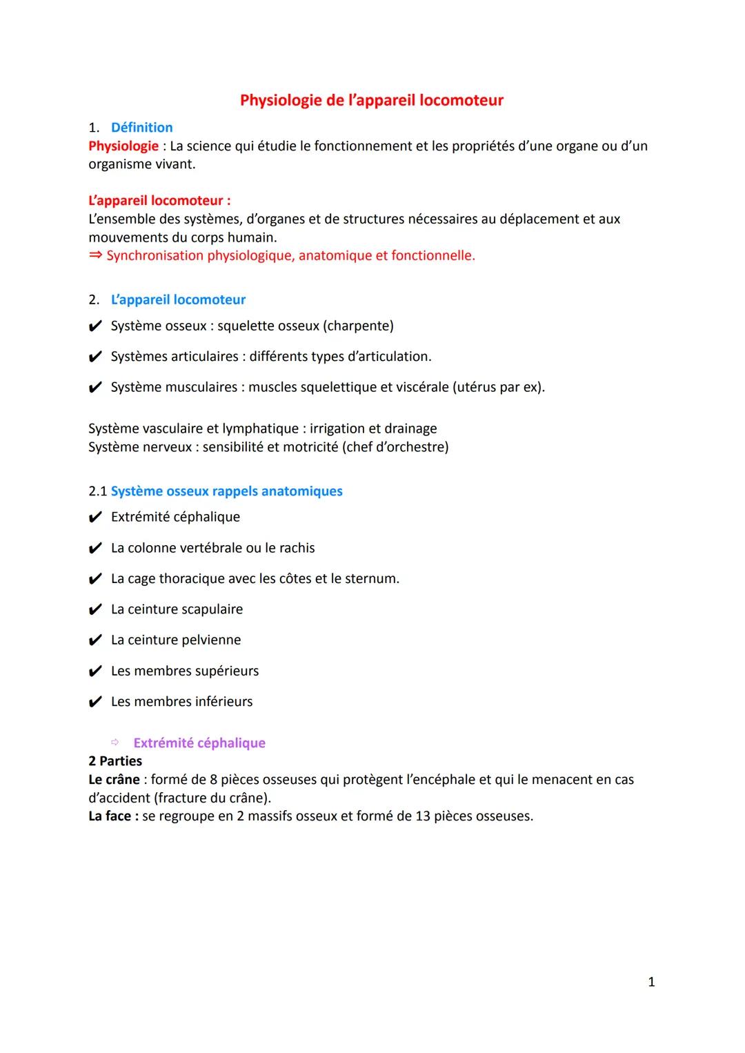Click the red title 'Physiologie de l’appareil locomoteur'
pos(371,100)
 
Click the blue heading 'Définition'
pos(141,128)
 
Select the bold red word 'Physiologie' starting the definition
pos(123,146)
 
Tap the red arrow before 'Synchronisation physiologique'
pos(95,256)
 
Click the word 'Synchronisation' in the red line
pos(155,256)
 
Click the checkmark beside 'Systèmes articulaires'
pos(95,357)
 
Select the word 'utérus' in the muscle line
pos(477,387)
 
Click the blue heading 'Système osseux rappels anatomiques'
pos(226,491)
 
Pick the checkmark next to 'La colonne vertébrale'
pos(95,549)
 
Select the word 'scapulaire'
pos(210,609)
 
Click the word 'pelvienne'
pos(209,640)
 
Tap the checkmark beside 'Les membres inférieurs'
pos(95,702)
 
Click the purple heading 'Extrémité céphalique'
pos(199,743)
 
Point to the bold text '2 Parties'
pos(115,761)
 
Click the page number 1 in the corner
pos(651,982)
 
